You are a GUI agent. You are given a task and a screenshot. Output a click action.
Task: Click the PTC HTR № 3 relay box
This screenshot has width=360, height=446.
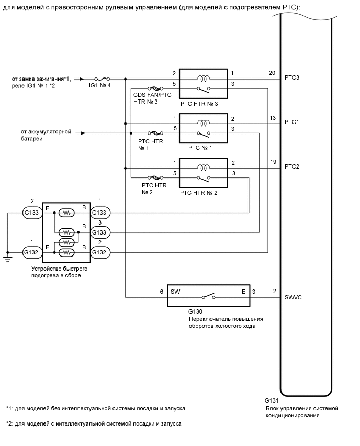(203, 83)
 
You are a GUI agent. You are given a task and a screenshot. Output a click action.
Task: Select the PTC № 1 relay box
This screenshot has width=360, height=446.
(203, 128)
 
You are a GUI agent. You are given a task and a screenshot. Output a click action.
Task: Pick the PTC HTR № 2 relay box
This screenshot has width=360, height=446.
(203, 172)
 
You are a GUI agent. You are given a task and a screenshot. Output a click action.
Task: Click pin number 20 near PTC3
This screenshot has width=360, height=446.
(271, 73)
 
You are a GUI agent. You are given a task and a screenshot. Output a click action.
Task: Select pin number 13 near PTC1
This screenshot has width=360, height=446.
(271, 118)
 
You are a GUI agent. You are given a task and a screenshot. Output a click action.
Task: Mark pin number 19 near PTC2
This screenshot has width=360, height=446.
(271, 162)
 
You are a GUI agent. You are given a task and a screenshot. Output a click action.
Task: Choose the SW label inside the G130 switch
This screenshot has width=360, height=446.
(175, 292)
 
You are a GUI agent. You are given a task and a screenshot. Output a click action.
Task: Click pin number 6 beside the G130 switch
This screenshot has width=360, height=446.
(162, 292)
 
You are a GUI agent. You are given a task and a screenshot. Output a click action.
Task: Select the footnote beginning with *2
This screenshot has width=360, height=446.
(94, 424)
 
